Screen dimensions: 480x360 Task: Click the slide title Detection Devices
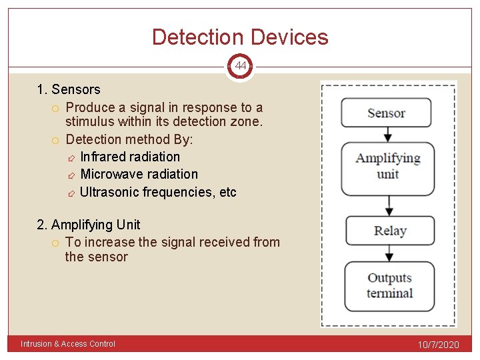point(240,37)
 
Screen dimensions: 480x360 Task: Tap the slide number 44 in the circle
point(240,66)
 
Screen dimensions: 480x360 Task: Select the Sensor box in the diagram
point(386,113)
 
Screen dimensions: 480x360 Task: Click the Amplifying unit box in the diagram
point(387,166)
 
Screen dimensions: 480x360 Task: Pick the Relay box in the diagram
point(389,231)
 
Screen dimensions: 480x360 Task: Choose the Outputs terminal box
point(389,286)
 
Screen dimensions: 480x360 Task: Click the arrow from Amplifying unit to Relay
point(388,205)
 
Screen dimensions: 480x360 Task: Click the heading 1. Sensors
point(69,89)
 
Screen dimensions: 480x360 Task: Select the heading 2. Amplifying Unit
point(89,225)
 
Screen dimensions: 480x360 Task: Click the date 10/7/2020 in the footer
point(439,345)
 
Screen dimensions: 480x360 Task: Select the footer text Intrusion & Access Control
point(68,344)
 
